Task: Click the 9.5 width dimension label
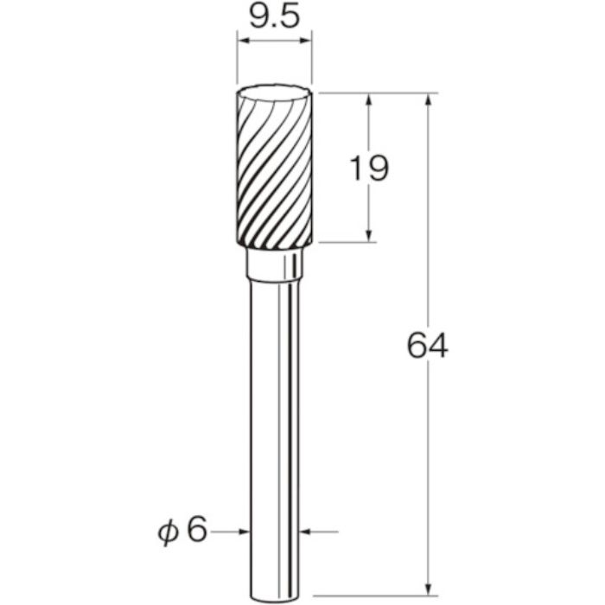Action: click(274, 18)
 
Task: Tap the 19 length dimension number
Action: click(369, 169)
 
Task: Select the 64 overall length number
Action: click(428, 346)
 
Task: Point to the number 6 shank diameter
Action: click(197, 531)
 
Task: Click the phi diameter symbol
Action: click(169, 532)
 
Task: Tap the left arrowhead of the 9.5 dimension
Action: click(243, 40)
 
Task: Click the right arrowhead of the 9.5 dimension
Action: click(306, 40)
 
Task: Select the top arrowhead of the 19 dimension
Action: click(369, 99)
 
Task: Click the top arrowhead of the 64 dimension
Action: click(428, 99)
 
